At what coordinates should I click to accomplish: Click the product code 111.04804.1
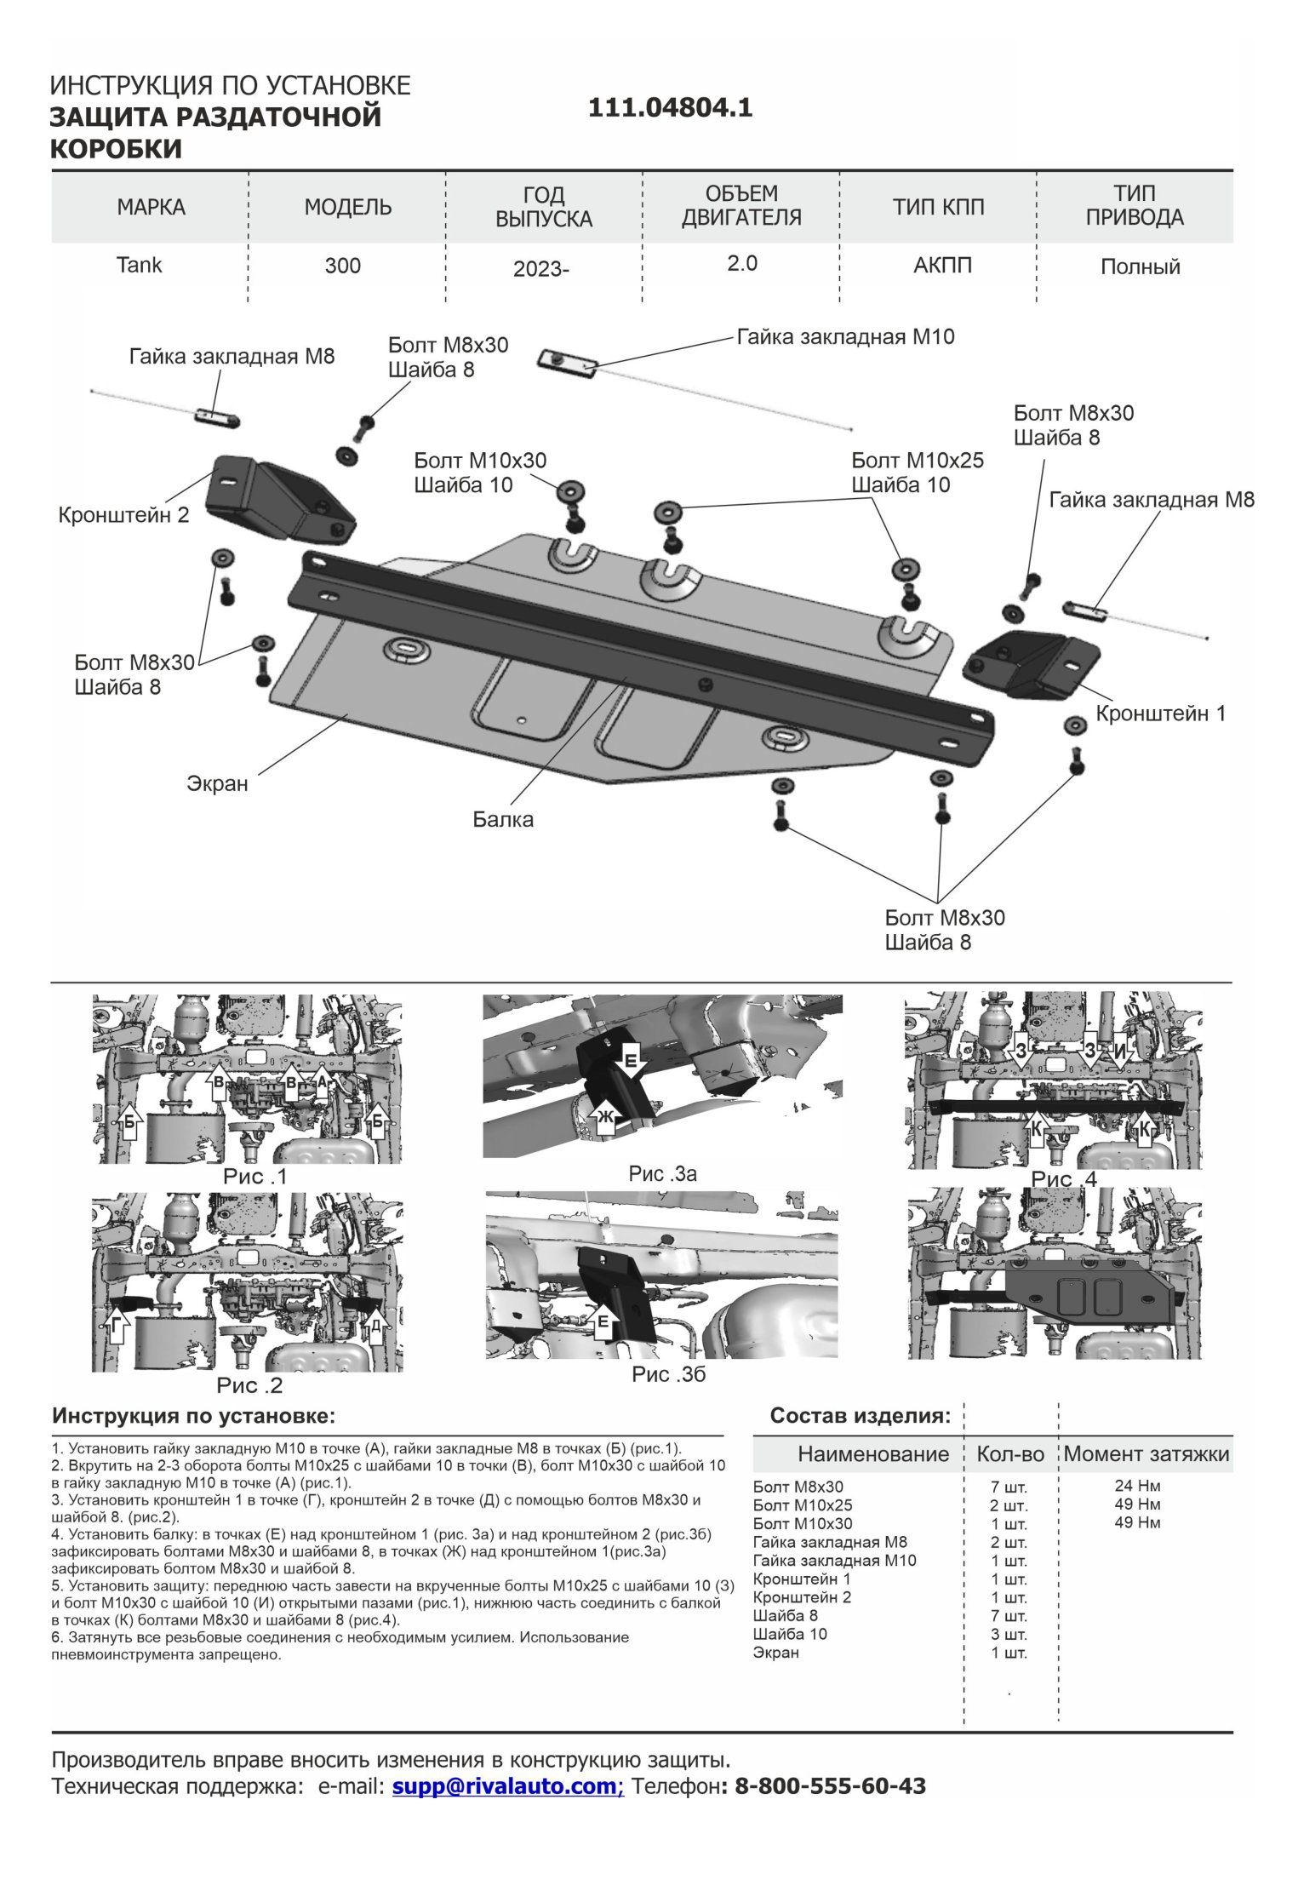coord(670,108)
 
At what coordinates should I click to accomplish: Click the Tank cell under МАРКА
coord(139,265)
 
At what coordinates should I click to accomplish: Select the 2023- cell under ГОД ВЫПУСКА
coord(540,269)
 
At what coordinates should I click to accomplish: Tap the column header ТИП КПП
coord(938,207)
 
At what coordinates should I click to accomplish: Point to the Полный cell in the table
coord(1140,267)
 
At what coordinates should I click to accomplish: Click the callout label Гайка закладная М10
coord(845,337)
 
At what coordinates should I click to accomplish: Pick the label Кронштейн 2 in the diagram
coord(123,515)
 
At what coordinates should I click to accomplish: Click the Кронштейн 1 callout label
coord(1160,714)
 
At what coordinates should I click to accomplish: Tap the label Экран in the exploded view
coord(217,783)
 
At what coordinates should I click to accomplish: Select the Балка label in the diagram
coord(503,820)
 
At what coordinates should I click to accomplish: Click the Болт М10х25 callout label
coord(917,461)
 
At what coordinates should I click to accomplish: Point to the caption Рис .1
coord(254,1177)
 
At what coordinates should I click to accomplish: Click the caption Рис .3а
coord(662,1174)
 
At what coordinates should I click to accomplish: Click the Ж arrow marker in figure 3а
coord(605,1116)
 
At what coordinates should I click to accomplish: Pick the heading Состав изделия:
coord(860,1416)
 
